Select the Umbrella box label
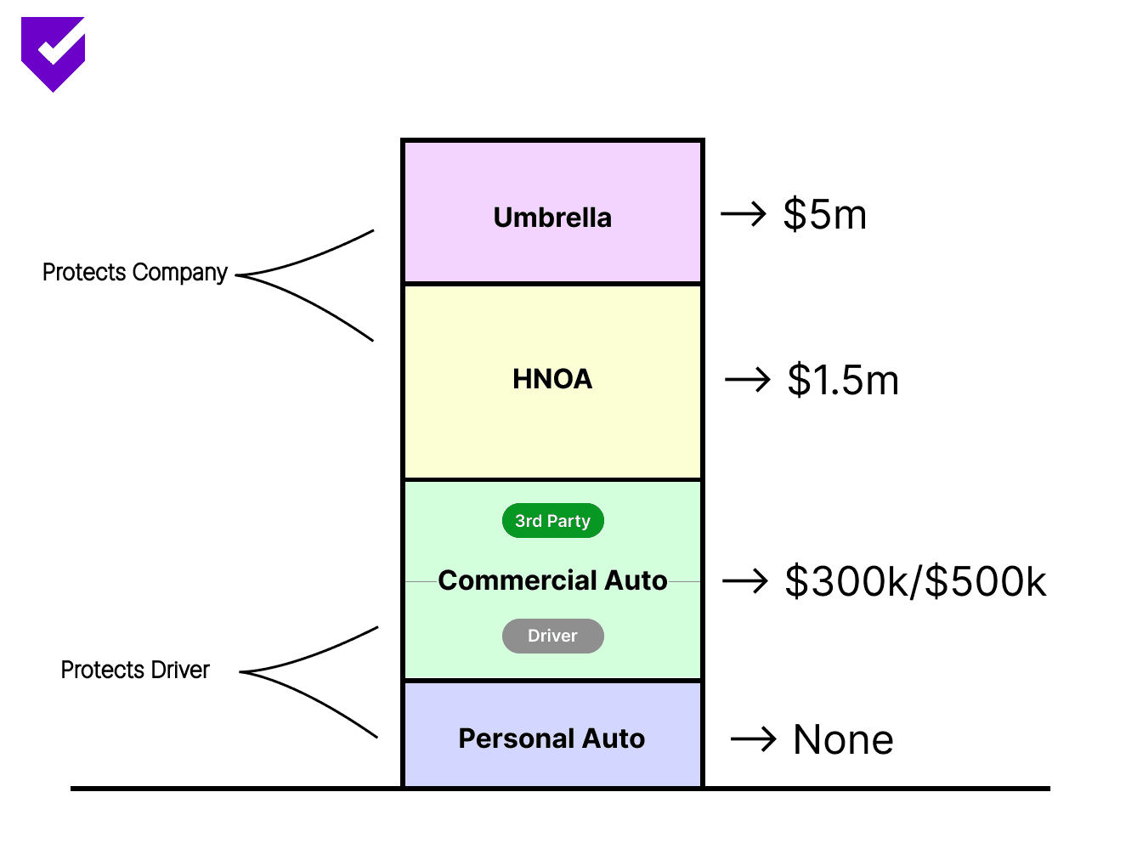coord(552,218)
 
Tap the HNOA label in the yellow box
coord(552,379)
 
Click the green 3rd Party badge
coord(552,521)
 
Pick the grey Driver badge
coord(552,636)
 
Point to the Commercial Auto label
coord(552,580)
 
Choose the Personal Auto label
coord(552,738)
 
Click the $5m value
coord(824,214)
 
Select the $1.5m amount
coord(843,380)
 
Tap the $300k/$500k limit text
coord(915,582)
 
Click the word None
coord(843,740)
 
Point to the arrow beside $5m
coord(744,214)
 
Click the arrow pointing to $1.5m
coord(748,380)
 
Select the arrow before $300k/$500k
coord(745,582)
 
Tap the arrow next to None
coord(754,739)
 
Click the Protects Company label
coord(135,273)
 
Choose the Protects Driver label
coord(135,670)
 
